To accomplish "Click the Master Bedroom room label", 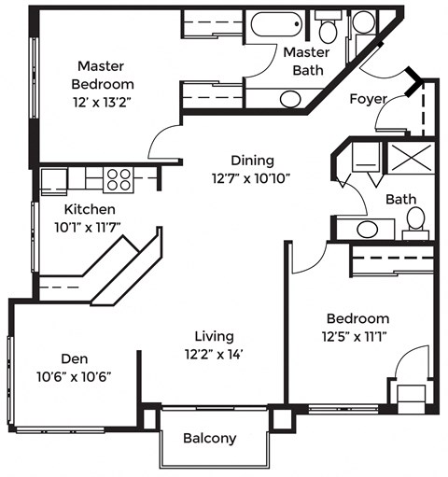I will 106,75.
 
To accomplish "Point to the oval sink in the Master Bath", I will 289,99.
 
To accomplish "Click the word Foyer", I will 368,99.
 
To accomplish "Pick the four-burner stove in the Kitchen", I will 117,177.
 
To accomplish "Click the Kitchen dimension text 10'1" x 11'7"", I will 91,227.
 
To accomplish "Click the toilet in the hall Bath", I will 415,221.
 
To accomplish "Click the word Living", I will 214,336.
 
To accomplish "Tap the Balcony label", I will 209,438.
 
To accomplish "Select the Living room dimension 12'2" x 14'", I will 214,354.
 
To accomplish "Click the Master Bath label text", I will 304,61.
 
